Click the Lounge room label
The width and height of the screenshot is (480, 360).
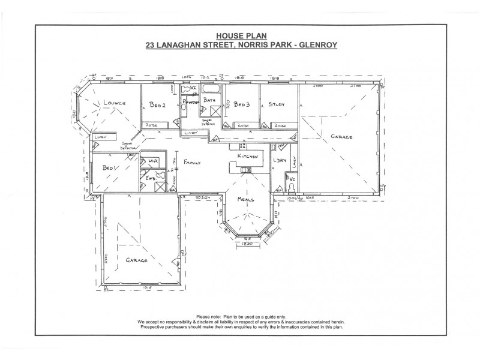[x=113, y=103]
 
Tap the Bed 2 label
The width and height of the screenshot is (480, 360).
[x=157, y=104]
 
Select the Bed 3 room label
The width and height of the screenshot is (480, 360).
[x=242, y=104]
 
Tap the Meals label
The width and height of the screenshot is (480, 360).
[x=246, y=199]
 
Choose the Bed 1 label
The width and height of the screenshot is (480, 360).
[x=108, y=168]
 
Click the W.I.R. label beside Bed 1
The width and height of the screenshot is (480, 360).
[x=152, y=161]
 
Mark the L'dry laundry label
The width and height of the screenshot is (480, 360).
[x=279, y=160]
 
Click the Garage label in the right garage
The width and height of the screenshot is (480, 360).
[x=341, y=137]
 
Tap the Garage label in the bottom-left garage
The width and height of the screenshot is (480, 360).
[x=137, y=260]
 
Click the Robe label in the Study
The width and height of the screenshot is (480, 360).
[x=280, y=125]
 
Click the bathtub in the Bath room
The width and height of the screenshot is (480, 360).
[x=211, y=89]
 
